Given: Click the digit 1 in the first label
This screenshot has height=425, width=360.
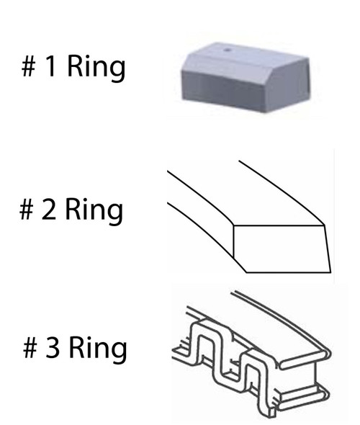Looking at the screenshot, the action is pyautogui.click(x=52, y=66).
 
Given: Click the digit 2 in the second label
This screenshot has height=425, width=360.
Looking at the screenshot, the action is pyautogui.click(x=49, y=208).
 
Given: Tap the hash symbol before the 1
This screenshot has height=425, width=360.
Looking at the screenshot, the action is pyautogui.click(x=29, y=66).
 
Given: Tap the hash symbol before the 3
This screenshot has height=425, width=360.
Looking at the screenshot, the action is pyautogui.click(x=30, y=348).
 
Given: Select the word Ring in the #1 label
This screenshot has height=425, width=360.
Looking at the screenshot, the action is pyautogui.click(x=96, y=68).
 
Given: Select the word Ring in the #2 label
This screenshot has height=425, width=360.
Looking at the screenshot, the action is pyautogui.click(x=94, y=211).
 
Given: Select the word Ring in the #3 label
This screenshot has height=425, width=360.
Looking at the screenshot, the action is pyautogui.click(x=98, y=349).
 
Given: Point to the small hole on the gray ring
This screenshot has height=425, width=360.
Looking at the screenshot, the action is pyautogui.click(x=228, y=50).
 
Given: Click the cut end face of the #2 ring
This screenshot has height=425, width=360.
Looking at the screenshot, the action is pyautogui.click(x=282, y=249).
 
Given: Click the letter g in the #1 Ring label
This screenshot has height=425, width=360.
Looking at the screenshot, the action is pyautogui.click(x=118, y=71).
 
